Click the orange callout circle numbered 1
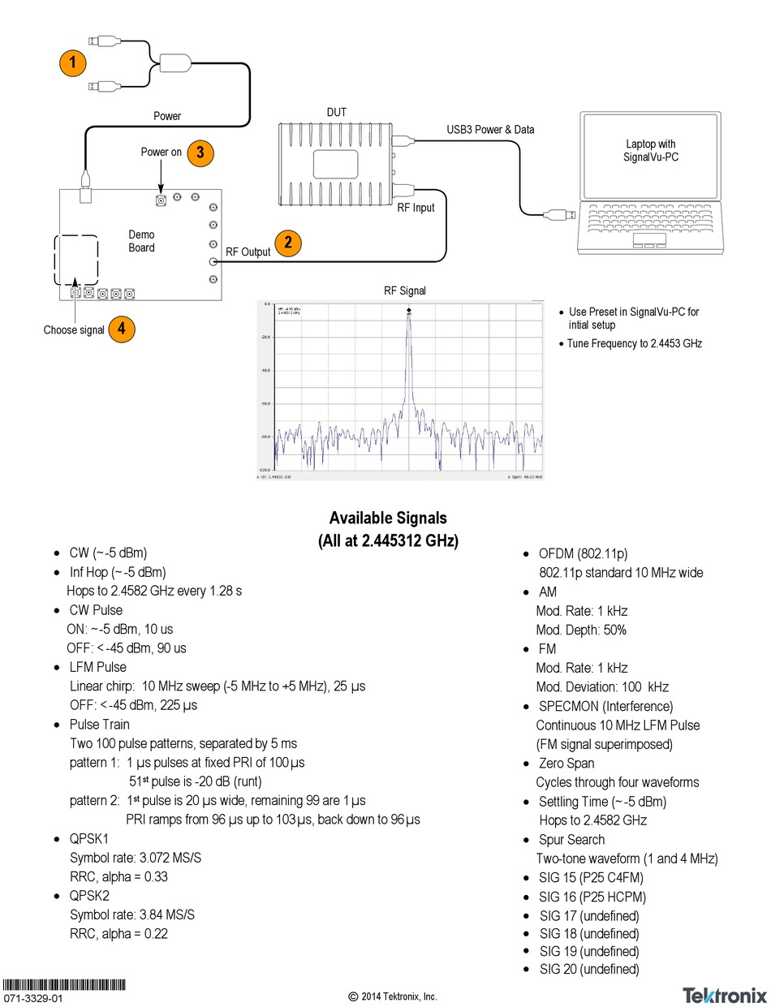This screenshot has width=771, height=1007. (x=74, y=62)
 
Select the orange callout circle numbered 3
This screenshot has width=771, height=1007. (x=200, y=152)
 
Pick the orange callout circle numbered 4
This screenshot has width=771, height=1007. (x=121, y=329)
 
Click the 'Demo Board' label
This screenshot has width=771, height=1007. (x=141, y=241)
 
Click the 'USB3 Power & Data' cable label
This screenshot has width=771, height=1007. (x=490, y=129)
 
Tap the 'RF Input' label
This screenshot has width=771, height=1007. (x=415, y=208)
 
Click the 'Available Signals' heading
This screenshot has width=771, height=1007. (x=387, y=518)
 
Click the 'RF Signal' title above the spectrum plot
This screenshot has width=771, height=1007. (x=405, y=290)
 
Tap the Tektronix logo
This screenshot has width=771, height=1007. (x=724, y=994)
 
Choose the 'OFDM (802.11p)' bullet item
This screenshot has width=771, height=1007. (x=583, y=554)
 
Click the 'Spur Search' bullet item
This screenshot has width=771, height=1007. (x=571, y=839)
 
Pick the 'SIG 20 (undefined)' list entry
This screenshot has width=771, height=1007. (x=589, y=969)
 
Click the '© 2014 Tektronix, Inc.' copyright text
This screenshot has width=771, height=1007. (x=393, y=996)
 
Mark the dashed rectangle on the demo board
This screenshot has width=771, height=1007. (x=76, y=260)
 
